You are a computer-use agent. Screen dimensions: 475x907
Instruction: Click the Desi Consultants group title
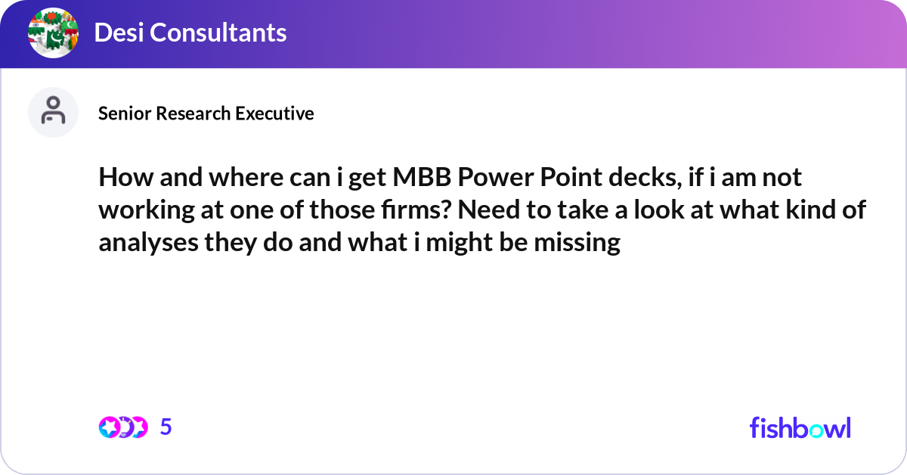190,33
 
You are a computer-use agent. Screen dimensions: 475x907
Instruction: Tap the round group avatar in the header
54,33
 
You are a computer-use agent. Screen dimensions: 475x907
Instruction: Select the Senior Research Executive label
206,113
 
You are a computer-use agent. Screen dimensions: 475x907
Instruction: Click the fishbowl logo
800,427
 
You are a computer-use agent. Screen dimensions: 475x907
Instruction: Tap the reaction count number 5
166,427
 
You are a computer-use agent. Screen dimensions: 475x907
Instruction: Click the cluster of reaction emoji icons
122,427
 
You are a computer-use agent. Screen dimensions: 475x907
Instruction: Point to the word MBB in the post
414,179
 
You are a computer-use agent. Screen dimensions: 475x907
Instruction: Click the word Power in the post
492,179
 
